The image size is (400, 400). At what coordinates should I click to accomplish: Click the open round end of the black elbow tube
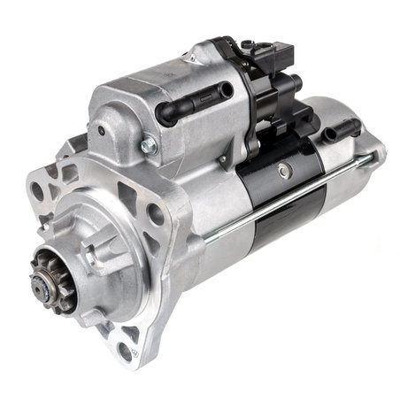coord(162,114)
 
